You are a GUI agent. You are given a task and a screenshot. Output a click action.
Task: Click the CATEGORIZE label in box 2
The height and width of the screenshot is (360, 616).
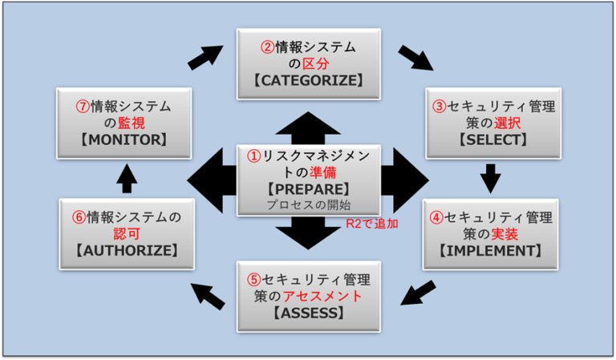308,80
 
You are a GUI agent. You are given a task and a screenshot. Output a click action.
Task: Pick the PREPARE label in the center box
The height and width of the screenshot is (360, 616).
308,189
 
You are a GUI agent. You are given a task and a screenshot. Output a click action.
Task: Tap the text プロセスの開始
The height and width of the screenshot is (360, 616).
308,205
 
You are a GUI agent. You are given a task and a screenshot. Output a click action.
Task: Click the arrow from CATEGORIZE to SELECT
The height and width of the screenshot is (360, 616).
415,58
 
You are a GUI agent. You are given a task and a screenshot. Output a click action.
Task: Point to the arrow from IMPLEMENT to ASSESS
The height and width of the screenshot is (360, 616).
419,293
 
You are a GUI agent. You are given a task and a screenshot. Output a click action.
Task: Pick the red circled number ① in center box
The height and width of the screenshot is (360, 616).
253,157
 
